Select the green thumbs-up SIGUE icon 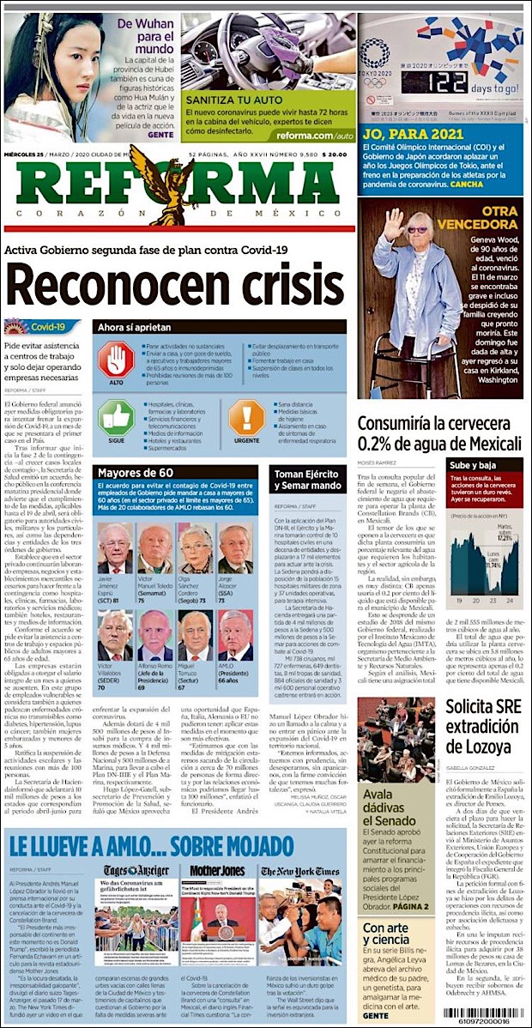(x=116, y=420)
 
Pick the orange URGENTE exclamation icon (x=246, y=420)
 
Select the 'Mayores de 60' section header (x=136, y=473)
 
